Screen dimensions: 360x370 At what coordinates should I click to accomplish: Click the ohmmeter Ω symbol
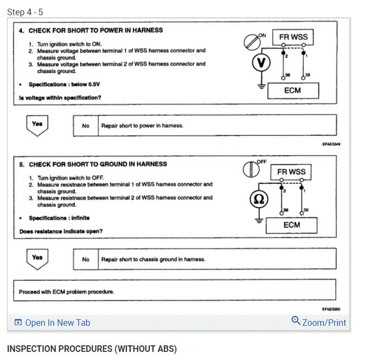[x=259, y=200]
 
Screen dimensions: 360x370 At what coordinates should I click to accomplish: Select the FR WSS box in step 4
[x=293, y=37]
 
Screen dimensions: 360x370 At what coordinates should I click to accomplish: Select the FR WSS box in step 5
[x=291, y=172]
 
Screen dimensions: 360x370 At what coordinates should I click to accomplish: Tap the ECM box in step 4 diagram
[x=292, y=90]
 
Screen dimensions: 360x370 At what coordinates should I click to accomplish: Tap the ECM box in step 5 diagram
[x=292, y=225]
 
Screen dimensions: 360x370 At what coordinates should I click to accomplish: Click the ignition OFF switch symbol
[x=249, y=169]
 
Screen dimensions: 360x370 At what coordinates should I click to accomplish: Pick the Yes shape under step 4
[x=37, y=125]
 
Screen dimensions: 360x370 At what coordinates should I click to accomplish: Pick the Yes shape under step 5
[x=37, y=259]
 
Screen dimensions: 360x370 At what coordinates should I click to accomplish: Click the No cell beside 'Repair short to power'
[x=86, y=125]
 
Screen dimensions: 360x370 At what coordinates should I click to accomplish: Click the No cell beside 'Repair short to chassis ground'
[x=86, y=259]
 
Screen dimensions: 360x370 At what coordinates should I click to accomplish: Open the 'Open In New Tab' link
[x=52, y=323]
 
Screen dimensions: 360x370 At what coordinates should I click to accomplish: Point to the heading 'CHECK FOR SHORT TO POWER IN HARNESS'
[x=95, y=30]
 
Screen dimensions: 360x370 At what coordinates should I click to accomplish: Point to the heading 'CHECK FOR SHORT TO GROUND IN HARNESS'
[x=98, y=164]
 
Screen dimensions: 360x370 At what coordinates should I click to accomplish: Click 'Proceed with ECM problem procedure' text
[x=66, y=292]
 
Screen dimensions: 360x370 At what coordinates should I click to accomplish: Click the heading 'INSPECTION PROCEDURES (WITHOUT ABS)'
[x=92, y=348]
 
